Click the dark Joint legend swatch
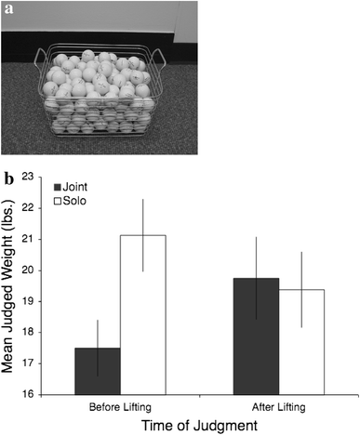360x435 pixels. coord(58,186)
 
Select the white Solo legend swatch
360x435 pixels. coord(58,200)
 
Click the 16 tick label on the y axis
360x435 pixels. coord(39,394)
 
